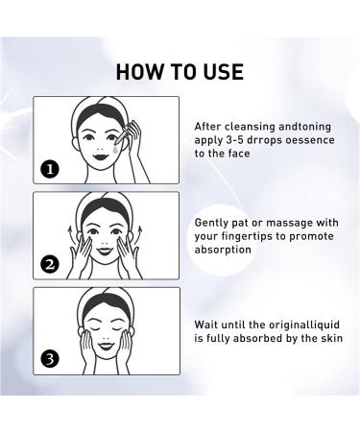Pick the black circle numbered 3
(50, 360)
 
